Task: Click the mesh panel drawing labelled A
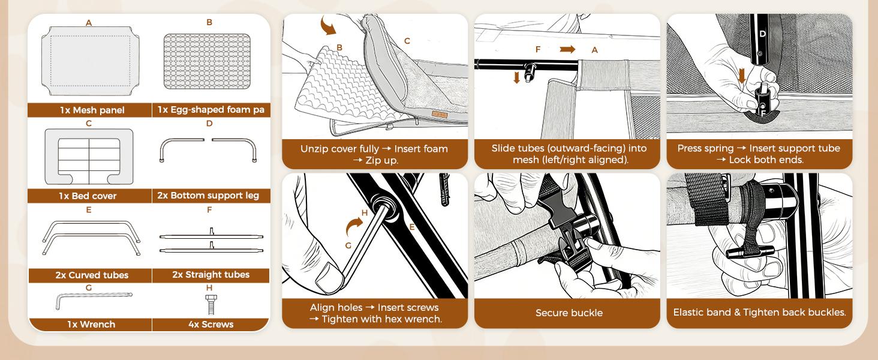pyautogui.click(x=90, y=61)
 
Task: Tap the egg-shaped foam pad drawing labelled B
pyautogui.click(x=207, y=61)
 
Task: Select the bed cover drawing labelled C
pyautogui.click(x=89, y=157)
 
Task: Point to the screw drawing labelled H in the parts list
pyautogui.click(x=211, y=304)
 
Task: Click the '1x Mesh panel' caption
pyautogui.click(x=92, y=110)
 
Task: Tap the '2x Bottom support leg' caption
pyautogui.click(x=208, y=195)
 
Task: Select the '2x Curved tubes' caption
pyautogui.click(x=92, y=275)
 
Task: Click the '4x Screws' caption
pyautogui.click(x=211, y=325)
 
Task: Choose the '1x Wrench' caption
pyautogui.click(x=91, y=325)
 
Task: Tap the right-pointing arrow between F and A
pyautogui.click(x=567, y=49)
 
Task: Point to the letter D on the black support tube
pyautogui.click(x=762, y=34)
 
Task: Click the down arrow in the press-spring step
pyautogui.click(x=741, y=76)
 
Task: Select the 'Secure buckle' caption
pyautogui.click(x=569, y=313)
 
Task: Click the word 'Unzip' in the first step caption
pyautogui.click(x=313, y=149)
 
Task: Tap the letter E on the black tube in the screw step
pyautogui.click(x=411, y=227)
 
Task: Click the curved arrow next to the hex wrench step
pyautogui.click(x=354, y=227)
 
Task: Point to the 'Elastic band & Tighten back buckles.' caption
pyautogui.click(x=760, y=313)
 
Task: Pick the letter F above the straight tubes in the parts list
pyautogui.click(x=209, y=210)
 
